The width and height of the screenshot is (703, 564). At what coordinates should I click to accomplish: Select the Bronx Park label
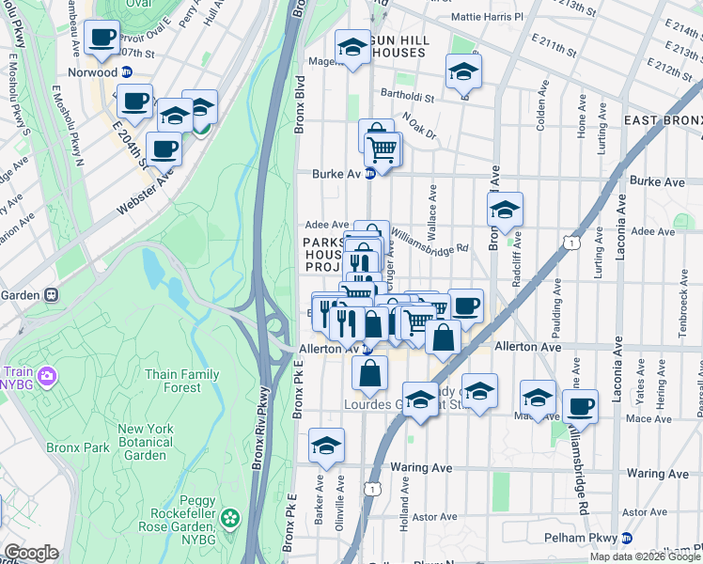click(83, 447)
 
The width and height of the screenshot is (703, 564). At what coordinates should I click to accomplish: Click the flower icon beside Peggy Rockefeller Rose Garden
click(230, 518)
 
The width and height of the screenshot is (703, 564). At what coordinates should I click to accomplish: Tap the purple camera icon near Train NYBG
click(45, 377)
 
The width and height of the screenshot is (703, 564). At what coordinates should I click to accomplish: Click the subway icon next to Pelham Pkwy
click(626, 538)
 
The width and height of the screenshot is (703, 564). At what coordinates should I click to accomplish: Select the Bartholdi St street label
click(407, 96)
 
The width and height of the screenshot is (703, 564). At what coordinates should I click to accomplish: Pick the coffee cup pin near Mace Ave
click(580, 407)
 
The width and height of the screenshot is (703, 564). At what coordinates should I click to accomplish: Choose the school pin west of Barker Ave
click(326, 446)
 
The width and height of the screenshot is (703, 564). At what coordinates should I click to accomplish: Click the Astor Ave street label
click(434, 516)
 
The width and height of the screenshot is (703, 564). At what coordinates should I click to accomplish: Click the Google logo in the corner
click(31, 553)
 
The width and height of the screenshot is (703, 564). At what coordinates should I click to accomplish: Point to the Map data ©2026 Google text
click(644, 556)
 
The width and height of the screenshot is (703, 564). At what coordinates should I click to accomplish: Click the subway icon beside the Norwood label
click(126, 71)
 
